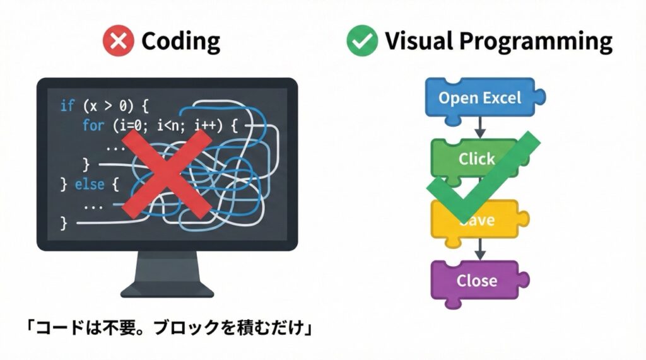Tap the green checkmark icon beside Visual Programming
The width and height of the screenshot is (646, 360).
pyautogui.click(x=362, y=42)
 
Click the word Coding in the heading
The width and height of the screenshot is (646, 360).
pyautogui.click(x=180, y=42)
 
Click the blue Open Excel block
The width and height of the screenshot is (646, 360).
pyautogui.click(x=480, y=98)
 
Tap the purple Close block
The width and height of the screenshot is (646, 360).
pyautogui.click(x=476, y=281)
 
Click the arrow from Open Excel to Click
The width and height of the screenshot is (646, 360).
pyautogui.click(x=479, y=128)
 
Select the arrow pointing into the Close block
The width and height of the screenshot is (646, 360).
pyautogui.click(x=479, y=250)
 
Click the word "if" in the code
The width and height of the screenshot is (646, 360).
pyautogui.click(x=67, y=105)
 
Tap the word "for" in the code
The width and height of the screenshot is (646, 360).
pyautogui.click(x=93, y=125)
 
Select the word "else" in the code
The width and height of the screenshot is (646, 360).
pyautogui.click(x=89, y=185)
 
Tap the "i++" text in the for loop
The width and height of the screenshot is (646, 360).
pyautogui.click(x=206, y=125)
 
